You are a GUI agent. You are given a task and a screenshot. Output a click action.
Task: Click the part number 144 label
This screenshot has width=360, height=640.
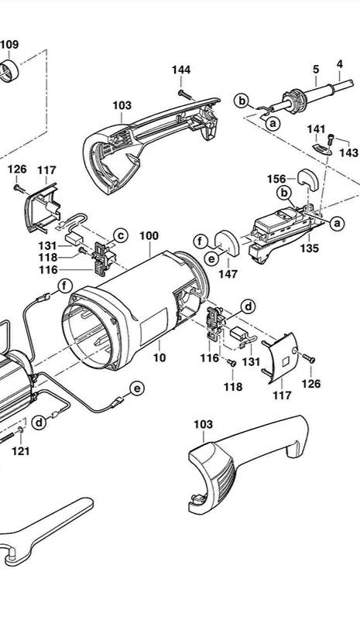(181, 70)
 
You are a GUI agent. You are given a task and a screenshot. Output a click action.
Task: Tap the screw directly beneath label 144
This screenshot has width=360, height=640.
(184, 94)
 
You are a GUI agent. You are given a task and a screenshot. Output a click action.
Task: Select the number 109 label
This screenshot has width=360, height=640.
(9, 44)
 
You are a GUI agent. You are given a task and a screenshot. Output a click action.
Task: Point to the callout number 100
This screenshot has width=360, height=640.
(149, 236)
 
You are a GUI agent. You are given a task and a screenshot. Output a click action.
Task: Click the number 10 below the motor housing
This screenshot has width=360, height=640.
(159, 358)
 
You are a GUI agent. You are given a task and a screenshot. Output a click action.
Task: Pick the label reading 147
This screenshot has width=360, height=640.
(228, 274)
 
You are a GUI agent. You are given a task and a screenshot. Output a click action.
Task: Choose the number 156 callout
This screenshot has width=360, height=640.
(276, 179)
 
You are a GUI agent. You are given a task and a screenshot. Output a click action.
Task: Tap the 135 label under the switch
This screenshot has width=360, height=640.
(310, 248)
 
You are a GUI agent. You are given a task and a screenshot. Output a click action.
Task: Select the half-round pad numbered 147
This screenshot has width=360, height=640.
(228, 243)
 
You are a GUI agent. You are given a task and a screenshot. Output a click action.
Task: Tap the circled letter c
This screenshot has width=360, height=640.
(121, 235)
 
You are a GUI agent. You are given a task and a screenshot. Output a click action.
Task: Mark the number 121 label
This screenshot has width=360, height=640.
(20, 450)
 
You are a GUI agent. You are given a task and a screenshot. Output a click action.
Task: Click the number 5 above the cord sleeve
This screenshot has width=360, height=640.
(317, 70)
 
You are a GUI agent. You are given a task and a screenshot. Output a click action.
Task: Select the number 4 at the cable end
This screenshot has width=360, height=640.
(340, 64)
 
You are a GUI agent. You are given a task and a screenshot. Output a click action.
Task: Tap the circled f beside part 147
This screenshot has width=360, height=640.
(201, 241)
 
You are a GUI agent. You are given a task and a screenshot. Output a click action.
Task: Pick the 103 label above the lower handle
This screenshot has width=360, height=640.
(204, 425)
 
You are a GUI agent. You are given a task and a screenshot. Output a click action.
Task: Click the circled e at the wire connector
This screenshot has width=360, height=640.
(137, 388)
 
